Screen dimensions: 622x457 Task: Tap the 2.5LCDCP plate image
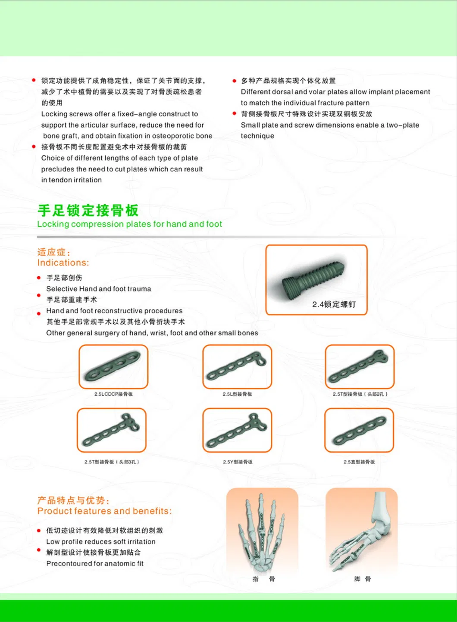point(113,367)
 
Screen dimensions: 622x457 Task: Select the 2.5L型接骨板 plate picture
point(237,367)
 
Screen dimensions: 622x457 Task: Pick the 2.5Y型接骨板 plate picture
point(237,431)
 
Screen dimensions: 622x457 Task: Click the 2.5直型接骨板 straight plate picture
point(359,431)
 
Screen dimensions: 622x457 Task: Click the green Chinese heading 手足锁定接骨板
point(88,210)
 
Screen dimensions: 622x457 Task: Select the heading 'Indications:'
point(63,263)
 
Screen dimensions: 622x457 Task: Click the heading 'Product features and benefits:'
point(104,511)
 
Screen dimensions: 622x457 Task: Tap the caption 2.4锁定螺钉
point(334,304)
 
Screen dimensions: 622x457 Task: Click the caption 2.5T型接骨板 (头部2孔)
point(360,394)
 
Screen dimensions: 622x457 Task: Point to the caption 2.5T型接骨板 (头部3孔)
point(112,462)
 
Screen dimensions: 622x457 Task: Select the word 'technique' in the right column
point(257,136)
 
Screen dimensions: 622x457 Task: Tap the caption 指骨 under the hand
point(263,579)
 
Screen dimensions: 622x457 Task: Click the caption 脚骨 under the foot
point(363,579)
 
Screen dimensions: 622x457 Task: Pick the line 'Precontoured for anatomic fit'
point(95,563)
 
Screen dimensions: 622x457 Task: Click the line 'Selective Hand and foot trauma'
point(99,289)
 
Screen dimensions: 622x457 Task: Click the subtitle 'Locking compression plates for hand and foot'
point(129,224)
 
